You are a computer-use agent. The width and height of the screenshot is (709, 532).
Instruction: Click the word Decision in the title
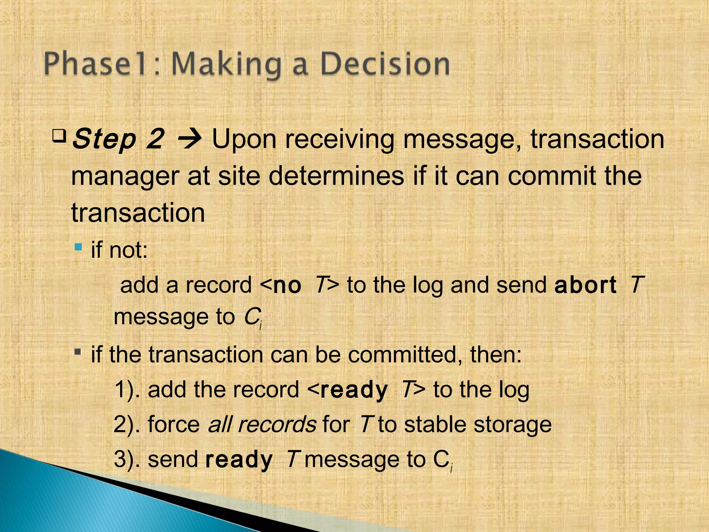pos(385,64)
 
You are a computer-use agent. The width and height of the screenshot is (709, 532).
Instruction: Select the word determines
pos(336,176)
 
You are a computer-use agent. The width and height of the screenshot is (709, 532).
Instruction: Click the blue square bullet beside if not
pos(79,247)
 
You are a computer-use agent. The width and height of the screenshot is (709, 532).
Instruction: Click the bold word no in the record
pos(287,285)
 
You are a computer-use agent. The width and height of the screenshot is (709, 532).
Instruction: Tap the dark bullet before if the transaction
pos(78,353)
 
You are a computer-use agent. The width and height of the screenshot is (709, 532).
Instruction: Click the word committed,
pos(405,355)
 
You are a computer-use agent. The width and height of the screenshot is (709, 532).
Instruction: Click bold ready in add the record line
pos(353,390)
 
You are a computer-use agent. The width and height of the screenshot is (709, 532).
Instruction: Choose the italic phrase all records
pos(262,424)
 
